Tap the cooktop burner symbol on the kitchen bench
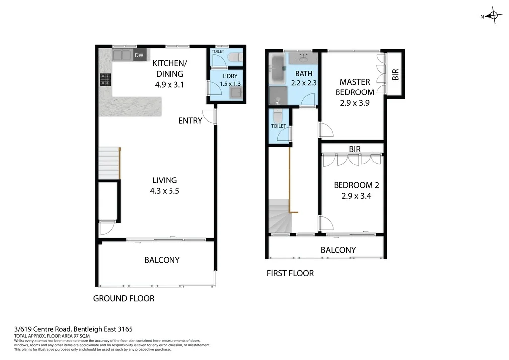(x=105, y=79)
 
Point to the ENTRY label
(x=191, y=120)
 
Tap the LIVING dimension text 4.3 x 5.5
(x=165, y=189)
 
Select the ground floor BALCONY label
(x=162, y=260)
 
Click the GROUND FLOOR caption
(x=124, y=298)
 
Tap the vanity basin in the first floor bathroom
(x=301, y=58)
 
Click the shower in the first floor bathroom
(x=278, y=95)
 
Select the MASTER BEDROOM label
(x=354, y=87)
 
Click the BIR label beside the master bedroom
(x=395, y=75)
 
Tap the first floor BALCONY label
(x=338, y=250)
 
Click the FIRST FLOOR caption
(x=290, y=273)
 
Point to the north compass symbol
(x=493, y=17)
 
